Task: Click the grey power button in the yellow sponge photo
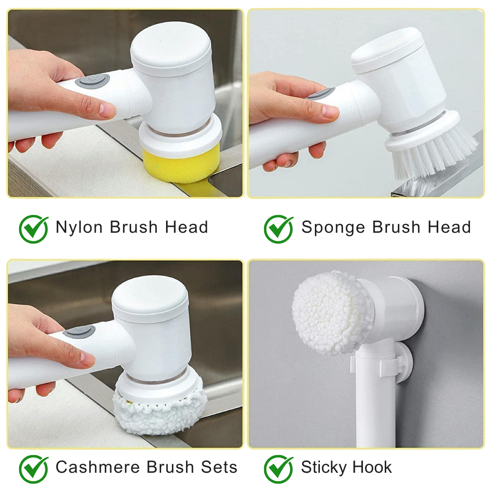click(92, 81)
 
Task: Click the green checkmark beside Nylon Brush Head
click(34, 229)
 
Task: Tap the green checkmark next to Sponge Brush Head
click(279, 229)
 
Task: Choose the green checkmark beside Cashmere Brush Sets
click(34, 469)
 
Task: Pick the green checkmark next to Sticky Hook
click(279, 469)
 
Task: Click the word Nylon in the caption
click(79, 228)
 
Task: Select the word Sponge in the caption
click(333, 228)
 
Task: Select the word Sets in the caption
click(219, 467)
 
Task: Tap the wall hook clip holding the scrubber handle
click(391, 364)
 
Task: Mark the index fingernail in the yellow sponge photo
click(108, 110)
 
